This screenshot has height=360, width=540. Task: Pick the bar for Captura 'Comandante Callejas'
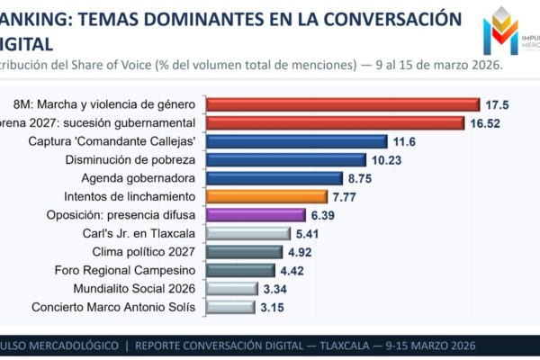tap(297, 141)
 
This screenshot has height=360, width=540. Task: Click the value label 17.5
tap(497, 104)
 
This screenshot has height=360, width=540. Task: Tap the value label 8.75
tap(360, 178)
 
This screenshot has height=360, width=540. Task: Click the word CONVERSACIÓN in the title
tap(386, 19)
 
